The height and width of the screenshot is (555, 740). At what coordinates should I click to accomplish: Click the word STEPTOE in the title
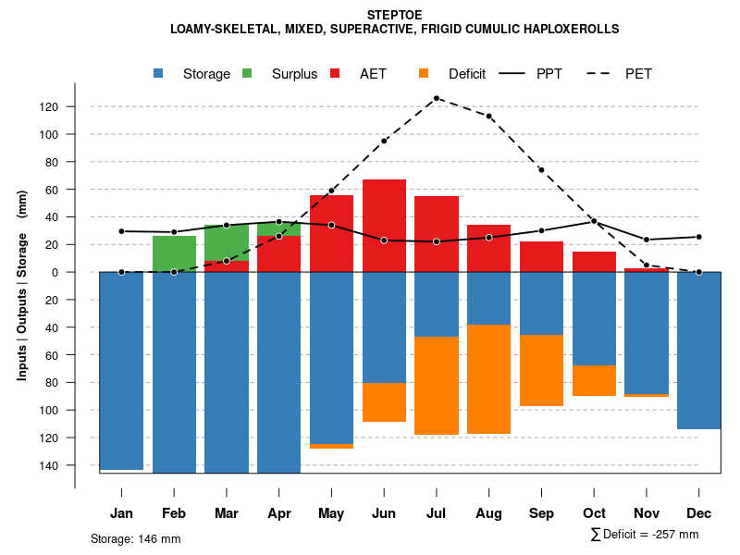click(395, 15)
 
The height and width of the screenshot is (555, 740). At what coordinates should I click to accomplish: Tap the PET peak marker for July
click(437, 98)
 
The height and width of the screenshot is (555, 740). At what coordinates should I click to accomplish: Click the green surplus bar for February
click(174, 253)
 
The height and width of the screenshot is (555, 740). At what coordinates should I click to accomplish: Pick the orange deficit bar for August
click(489, 379)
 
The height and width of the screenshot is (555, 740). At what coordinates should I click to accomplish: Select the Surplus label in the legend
click(294, 74)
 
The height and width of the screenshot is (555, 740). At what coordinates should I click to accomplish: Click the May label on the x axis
click(331, 513)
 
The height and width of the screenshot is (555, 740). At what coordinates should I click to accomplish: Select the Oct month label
click(594, 513)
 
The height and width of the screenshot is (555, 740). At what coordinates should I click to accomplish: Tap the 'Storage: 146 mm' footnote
click(136, 538)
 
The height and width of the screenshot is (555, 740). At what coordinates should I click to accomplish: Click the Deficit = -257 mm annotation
click(645, 535)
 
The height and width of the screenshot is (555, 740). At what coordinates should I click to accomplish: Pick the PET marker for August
click(489, 117)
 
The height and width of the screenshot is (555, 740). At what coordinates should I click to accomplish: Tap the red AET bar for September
click(541, 256)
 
